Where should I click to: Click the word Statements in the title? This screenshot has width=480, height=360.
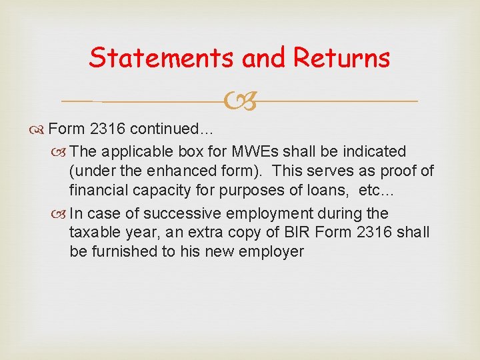click(162, 58)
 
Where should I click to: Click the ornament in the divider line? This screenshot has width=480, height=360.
click(239, 101)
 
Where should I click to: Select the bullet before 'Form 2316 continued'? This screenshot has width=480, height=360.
click(39, 129)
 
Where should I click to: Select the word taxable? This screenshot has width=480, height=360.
click(94, 233)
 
